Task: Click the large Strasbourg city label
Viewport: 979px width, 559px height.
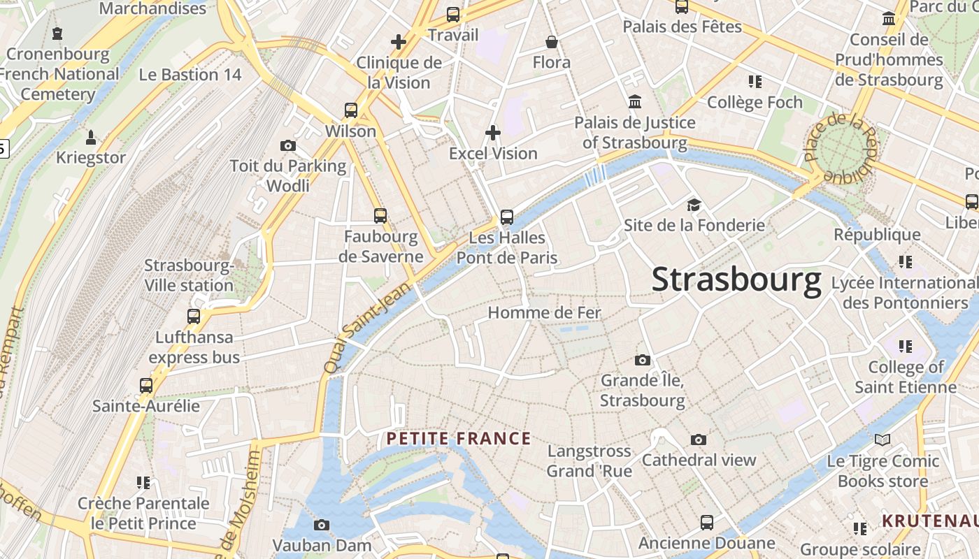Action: pyautogui.click(x=736, y=279)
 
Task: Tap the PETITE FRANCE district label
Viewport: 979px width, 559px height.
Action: pyautogui.click(x=459, y=439)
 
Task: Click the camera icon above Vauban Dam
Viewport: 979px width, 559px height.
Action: pyautogui.click(x=322, y=525)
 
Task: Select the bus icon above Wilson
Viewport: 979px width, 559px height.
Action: pyautogui.click(x=351, y=110)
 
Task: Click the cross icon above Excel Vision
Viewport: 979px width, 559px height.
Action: pyautogui.click(x=493, y=132)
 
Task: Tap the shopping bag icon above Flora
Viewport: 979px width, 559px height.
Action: pyautogui.click(x=552, y=42)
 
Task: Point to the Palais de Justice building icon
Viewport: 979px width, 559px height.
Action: pyautogui.click(x=635, y=102)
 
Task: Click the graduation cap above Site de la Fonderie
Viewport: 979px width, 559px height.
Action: pyautogui.click(x=694, y=205)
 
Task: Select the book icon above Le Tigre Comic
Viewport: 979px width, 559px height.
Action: pyautogui.click(x=882, y=440)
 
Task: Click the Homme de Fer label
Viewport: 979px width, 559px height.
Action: pyautogui.click(x=544, y=312)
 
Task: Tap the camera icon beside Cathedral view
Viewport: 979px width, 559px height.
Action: pyautogui.click(x=698, y=440)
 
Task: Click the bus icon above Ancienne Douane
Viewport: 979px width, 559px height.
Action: pyautogui.click(x=707, y=523)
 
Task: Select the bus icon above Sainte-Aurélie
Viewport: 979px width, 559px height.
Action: pyautogui.click(x=146, y=386)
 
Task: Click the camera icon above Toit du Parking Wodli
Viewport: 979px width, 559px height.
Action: pyautogui.click(x=287, y=145)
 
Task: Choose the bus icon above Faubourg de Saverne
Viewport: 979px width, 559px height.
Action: pyautogui.click(x=380, y=216)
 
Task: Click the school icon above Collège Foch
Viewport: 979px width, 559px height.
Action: pyautogui.click(x=755, y=82)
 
